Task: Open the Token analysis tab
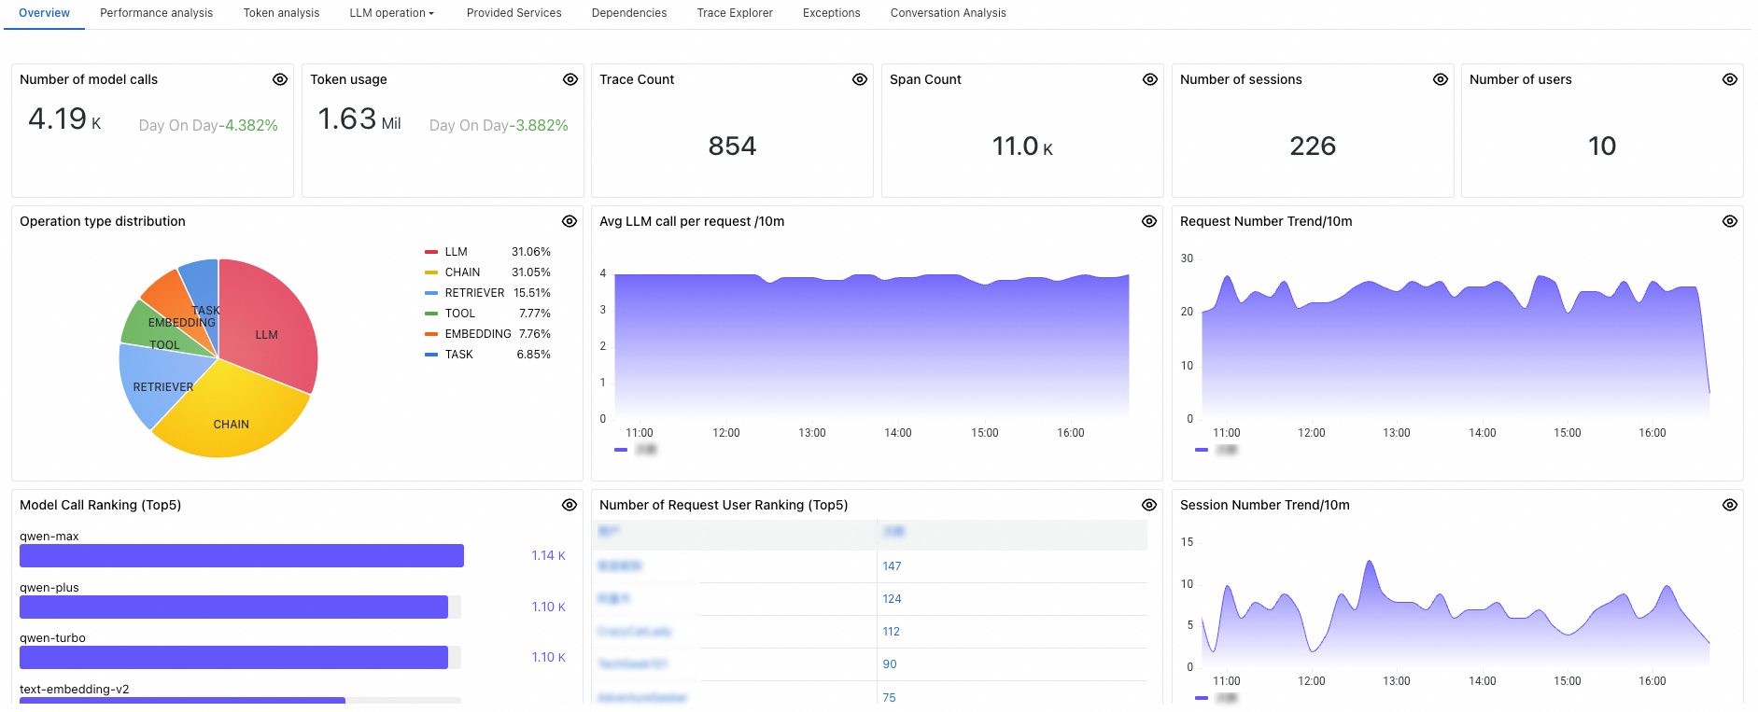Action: click(281, 13)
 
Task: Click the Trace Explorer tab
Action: click(735, 13)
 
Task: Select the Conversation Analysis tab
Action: click(948, 13)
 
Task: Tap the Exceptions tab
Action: click(831, 13)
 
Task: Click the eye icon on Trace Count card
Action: click(860, 79)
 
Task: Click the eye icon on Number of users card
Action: click(1730, 79)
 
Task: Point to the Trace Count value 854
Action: click(732, 147)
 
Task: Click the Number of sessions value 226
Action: click(1313, 147)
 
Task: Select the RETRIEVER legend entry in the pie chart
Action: click(474, 293)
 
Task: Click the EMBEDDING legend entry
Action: click(477, 334)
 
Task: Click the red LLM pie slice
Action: click(271, 327)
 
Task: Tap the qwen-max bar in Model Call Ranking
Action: click(242, 556)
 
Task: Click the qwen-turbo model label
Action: click(52, 638)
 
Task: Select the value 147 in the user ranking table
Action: click(892, 566)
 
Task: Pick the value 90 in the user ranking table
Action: click(890, 664)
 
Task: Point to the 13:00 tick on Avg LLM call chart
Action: click(812, 433)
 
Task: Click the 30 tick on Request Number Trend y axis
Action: click(1187, 258)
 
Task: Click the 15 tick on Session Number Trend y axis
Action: click(1187, 542)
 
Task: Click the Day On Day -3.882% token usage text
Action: click(499, 125)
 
